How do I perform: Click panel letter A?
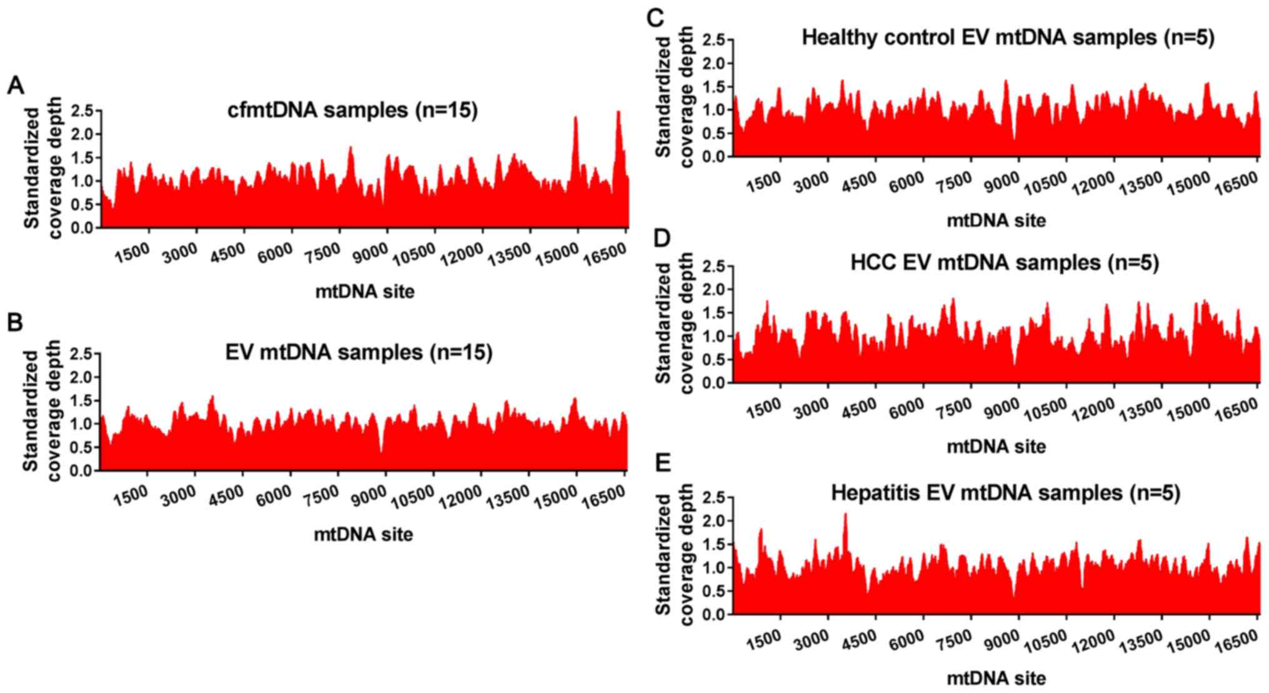pyautogui.click(x=15, y=86)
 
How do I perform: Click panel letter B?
pyautogui.click(x=15, y=322)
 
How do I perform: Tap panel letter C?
pyautogui.click(x=655, y=18)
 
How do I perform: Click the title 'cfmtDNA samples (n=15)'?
pyautogui.click(x=352, y=111)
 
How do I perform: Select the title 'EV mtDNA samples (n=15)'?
pyautogui.click(x=359, y=352)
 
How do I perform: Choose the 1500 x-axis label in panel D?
pyautogui.click(x=764, y=408)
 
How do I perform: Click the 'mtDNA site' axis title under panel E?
pyautogui.click(x=996, y=678)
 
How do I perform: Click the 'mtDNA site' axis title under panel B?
pyautogui.click(x=363, y=534)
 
